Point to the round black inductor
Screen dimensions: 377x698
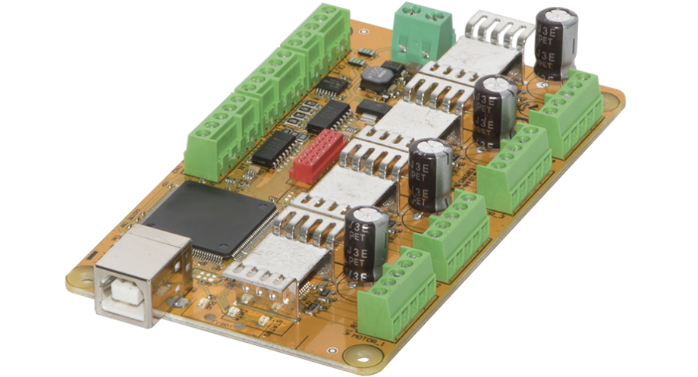point(375,77)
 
